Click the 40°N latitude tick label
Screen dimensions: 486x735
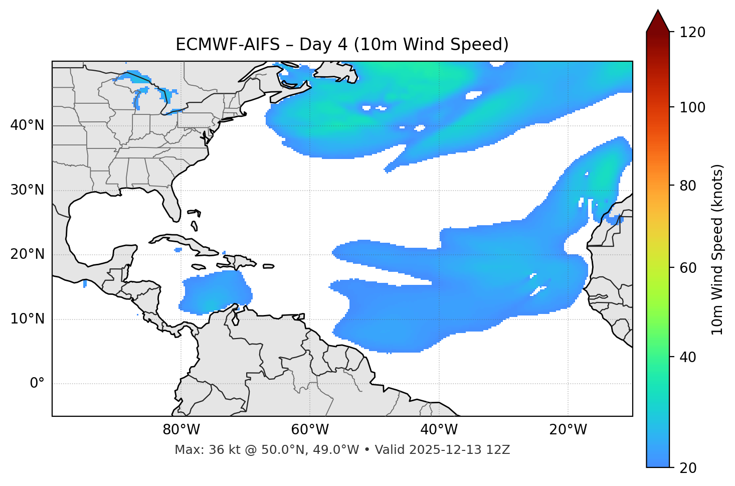click(27, 125)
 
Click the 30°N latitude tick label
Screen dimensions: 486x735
click(27, 190)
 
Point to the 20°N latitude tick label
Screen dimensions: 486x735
click(27, 254)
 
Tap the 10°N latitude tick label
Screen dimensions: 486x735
click(27, 319)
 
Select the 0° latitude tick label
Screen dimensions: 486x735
click(37, 384)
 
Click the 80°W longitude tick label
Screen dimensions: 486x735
click(181, 430)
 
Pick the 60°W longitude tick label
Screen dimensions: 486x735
click(310, 430)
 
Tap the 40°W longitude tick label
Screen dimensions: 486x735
click(439, 430)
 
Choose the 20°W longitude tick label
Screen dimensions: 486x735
click(568, 430)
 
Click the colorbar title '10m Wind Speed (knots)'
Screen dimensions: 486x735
click(718, 249)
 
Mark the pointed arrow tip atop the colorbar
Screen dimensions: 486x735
click(658, 11)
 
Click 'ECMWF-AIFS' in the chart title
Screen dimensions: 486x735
click(228, 45)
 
